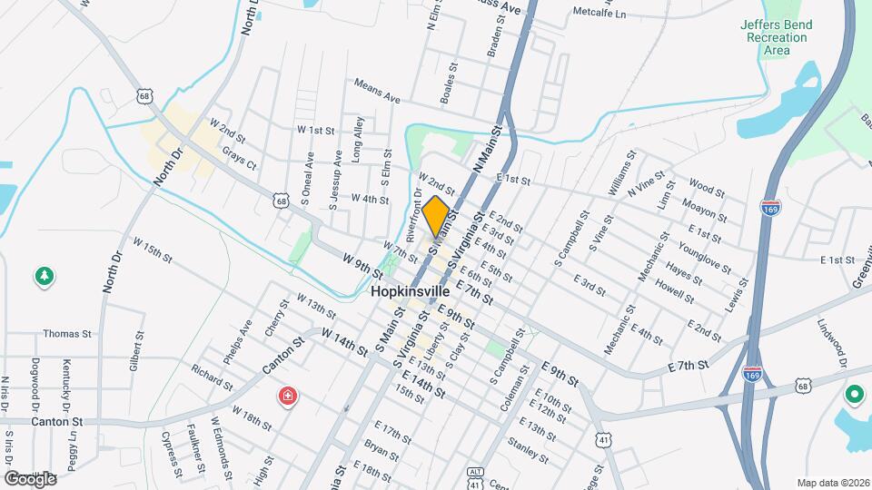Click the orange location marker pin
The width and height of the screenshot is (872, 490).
click(436, 216)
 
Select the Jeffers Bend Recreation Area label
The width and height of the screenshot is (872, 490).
click(776, 37)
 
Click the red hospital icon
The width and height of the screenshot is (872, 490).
click(287, 396)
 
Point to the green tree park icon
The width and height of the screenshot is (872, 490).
click(43, 275)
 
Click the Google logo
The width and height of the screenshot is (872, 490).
click(30, 478)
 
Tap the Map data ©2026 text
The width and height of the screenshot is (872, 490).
click(832, 483)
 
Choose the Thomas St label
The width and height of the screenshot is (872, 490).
click(68, 334)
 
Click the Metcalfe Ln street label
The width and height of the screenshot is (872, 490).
click(599, 14)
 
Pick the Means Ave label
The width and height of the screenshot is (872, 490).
click(377, 91)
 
